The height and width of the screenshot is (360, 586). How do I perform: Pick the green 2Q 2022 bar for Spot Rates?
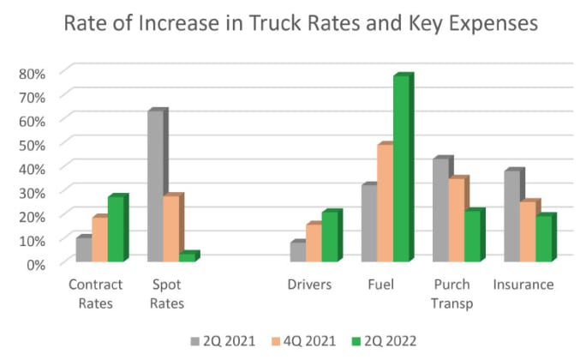[187, 257]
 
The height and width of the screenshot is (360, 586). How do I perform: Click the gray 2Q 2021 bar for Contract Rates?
[83, 249]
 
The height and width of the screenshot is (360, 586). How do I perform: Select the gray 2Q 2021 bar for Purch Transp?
[441, 210]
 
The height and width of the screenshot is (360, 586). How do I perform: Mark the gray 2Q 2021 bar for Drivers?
[297, 252]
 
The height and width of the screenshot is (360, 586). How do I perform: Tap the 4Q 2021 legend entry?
[302, 340]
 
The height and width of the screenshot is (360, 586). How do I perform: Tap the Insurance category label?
[523, 285]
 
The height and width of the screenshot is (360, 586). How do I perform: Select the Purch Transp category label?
[451, 293]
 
